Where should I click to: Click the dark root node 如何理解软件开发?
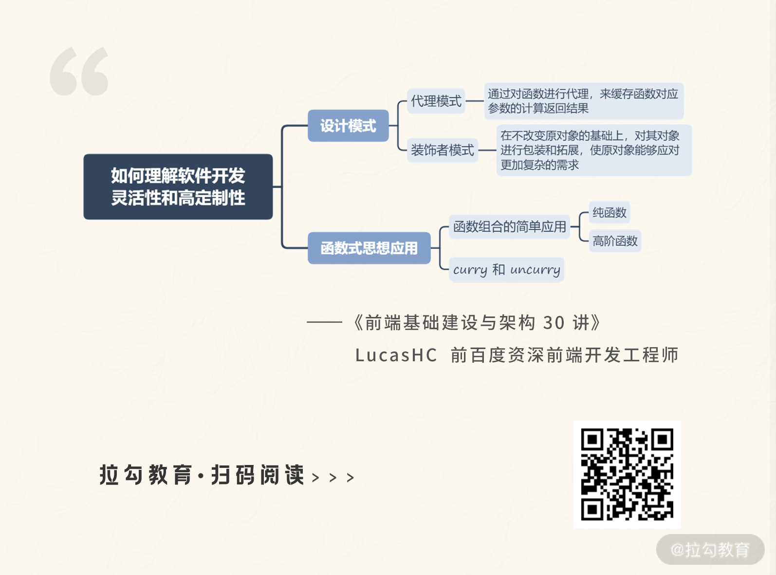178,186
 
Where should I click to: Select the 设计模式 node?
348,126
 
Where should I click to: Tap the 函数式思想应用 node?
369,248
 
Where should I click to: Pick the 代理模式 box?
436,101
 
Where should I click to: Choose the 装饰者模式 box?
442,150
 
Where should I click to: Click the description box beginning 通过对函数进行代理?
583,101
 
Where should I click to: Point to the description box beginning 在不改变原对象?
593,150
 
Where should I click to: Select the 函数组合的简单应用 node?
509,226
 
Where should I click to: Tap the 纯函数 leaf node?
609,212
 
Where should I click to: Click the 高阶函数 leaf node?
615,241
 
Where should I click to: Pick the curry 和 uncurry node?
506,269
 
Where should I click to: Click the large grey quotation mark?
79,71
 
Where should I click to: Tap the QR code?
627,474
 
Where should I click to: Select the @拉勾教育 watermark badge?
710,549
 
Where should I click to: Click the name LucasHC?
396,355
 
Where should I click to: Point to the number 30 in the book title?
554,322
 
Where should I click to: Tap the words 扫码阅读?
258,475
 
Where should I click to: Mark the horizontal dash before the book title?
325,322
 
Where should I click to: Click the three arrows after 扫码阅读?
333,478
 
